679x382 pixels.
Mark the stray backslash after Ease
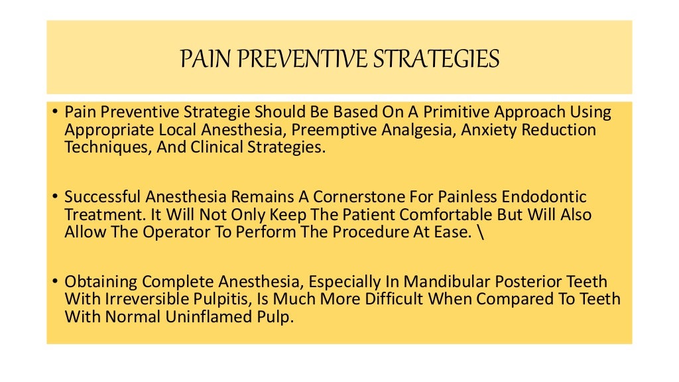(418, 232)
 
